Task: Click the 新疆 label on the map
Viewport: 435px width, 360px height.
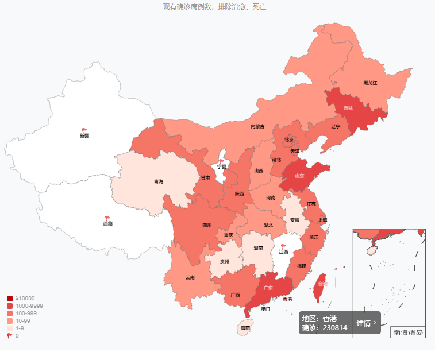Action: tap(84, 136)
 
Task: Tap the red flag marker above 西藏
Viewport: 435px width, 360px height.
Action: tap(107, 218)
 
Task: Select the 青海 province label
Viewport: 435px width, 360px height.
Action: tap(158, 182)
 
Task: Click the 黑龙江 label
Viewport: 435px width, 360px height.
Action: tap(370, 83)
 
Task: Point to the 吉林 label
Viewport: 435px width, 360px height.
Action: tap(348, 108)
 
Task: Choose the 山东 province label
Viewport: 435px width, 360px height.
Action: tap(299, 176)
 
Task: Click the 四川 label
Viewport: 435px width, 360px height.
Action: tap(207, 226)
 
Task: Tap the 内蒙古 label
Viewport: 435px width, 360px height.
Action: tap(257, 127)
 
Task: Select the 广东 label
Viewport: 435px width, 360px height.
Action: tap(268, 288)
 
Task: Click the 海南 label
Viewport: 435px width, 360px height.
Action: tap(245, 328)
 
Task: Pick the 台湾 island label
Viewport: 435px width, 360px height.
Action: tap(322, 284)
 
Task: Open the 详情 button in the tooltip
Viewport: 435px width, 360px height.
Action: tap(367, 323)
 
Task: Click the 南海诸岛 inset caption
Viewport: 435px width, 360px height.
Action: tap(407, 332)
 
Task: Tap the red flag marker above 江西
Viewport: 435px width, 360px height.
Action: tap(283, 246)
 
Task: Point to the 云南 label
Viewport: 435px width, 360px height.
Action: tap(190, 277)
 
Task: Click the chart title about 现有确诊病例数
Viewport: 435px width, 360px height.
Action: tap(214, 7)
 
